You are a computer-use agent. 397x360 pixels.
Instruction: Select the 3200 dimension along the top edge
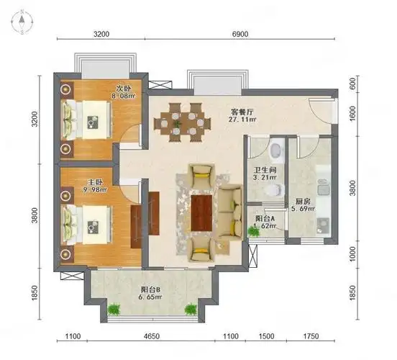[101, 34]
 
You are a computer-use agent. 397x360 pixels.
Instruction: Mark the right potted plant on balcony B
[191, 310]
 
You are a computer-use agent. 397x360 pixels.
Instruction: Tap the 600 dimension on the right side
[353, 83]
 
